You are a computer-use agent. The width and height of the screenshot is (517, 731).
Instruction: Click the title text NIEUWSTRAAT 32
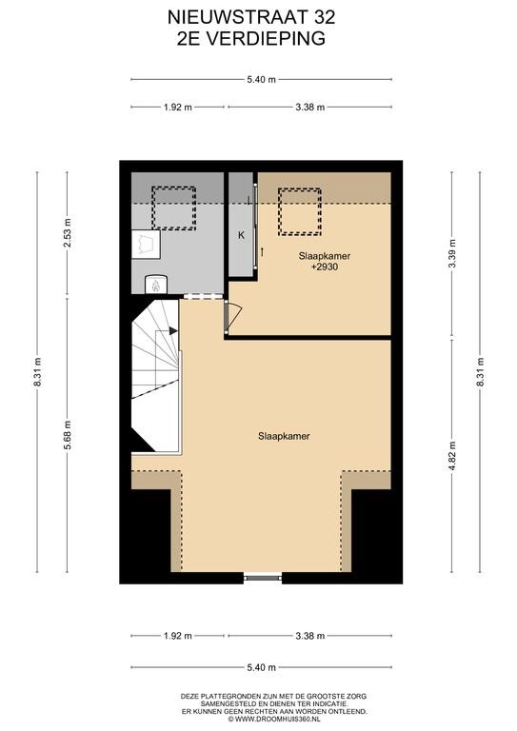(x=251, y=18)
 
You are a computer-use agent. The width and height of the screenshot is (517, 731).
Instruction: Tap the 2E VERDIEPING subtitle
(x=251, y=39)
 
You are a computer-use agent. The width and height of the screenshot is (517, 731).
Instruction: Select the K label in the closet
(x=242, y=235)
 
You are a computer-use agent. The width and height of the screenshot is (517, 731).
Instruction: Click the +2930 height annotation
(x=325, y=267)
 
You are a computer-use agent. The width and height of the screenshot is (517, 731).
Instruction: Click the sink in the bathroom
(x=146, y=244)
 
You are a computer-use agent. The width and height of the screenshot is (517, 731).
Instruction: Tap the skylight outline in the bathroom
(x=173, y=207)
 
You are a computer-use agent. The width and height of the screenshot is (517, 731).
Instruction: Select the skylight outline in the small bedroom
(x=299, y=211)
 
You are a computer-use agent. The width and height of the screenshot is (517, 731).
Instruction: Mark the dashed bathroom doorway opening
(x=203, y=297)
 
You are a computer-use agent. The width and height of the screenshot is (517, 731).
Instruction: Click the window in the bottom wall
(x=263, y=578)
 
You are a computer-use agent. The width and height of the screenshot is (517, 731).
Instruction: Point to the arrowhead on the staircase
(x=173, y=330)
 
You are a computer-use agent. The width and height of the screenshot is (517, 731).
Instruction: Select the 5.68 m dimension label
(x=68, y=435)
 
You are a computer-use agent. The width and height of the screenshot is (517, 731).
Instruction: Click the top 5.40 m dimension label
(x=262, y=80)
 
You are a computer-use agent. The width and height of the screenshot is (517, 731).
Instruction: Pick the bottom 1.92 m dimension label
(x=178, y=636)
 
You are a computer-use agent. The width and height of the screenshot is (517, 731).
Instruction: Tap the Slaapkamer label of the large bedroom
(x=284, y=436)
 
